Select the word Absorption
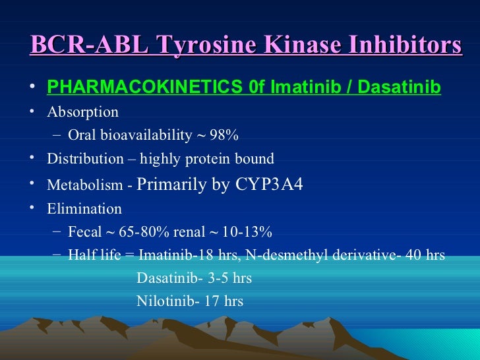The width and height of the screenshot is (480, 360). pos(82,111)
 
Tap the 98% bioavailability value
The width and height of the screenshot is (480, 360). pos(224,136)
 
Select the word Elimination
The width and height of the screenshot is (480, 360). pos(84,209)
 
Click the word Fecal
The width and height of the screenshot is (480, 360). pos(85,232)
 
